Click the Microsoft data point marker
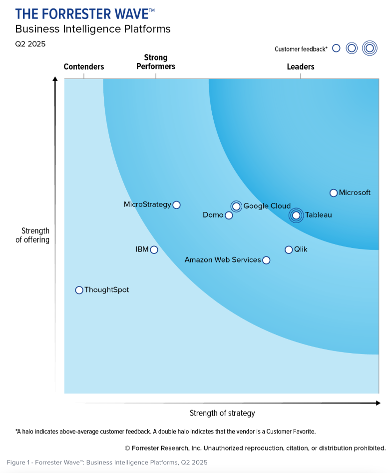pyautogui.click(x=334, y=193)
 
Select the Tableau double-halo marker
pyautogui.click(x=296, y=215)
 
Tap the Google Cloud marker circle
pyautogui.click(x=236, y=206)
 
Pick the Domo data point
pyautogui.click(x=229, y=215)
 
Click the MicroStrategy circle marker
pyautogui.click(x=176, y=204)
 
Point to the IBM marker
pyautogui.click(x=154, y=249)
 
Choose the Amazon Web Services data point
pyautogui.click(x=266, y=260)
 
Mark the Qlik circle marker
pyautogui.click(x=289, y=249)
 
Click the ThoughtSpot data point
pyautogui.click(x=79, y=290)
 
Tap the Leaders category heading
pyautogui.click(x=301, y=67)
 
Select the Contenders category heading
pyautogui.click(x=84, y=67)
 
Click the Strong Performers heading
pyautogui.click(x=156, y=62)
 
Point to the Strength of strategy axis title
pyautogui.click(x=222, y=413)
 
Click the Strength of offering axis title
pyautogui.click(x=35, y=235)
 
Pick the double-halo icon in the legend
pyautogui.click(x=370, y=48)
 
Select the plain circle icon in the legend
pyautogui.click(x=336, y=48)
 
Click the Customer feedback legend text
pyautogui.click(x=301, y=49)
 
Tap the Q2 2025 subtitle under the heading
pyautogui.click(x=30, y=44)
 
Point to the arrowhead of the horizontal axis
pyautogui.click(x=377, y=403)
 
